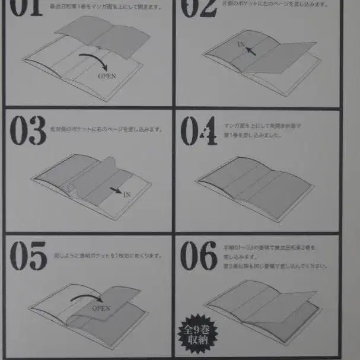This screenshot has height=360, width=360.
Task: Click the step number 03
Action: pyautogui.click(x=28, y=132)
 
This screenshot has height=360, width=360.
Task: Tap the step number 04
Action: pyautogui.click(x=199, y=132)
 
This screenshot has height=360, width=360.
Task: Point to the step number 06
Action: pyautogui.click(x=199, y=257)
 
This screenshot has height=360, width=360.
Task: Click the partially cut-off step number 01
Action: pyautogui.click(x=27, y=8)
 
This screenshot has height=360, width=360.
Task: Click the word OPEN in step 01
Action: pyautogui.click(x=107, y=76)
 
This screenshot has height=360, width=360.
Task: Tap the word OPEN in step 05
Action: pyautogui.click(x=101, y=308)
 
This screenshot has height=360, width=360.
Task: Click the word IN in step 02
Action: pyautogui.click(x=241, y=44)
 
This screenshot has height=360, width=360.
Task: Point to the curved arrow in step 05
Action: pyautogui.click(x=89, y=296)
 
